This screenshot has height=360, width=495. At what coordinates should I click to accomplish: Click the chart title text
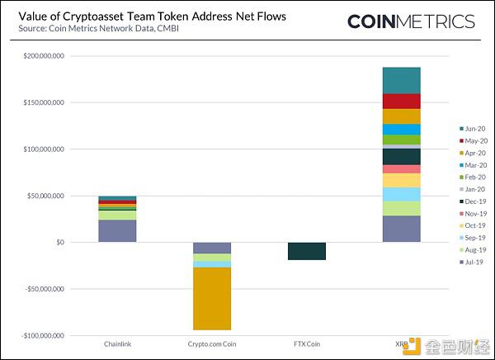pyautogui.click(x=152, y=17)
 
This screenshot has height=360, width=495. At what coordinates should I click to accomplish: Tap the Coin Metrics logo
pyautogui.click(x=411, y=21)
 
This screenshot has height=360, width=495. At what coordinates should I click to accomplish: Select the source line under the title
pyautogui.click(x=98, y=28)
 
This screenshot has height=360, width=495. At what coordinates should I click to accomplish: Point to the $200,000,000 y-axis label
pyautogui.click(x=44, y=56)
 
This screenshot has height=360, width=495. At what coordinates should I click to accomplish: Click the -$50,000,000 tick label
pyautogui.click(x=42, y=289)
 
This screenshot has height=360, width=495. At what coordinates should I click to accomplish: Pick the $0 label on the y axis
pyautogui.click(x=60, y=243)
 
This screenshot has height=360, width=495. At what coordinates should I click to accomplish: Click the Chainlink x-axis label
pyautogui.click(x=117, y=343)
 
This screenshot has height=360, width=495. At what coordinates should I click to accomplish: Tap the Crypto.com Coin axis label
pyautogui.click(x=212, y=343)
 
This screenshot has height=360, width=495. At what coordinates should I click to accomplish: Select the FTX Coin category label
pyautogui.click(x=307, y=343)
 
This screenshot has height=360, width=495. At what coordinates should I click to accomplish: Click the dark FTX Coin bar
pyautogui.click(x=307, y=251)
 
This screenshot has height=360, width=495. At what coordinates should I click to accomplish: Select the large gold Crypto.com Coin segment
pyautogui.click(x=212, y=299)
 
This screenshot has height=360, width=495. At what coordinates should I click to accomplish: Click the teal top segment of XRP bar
pyautogui.click(x=402, y=81)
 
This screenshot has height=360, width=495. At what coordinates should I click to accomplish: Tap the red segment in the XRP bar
pyautogui.click(x=402, y=102)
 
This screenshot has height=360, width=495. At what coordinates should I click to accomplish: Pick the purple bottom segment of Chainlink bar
pyautogui.click(x=117, y=231)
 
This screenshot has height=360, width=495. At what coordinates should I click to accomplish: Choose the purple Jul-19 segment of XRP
pyautogui.click(x=402, y=229)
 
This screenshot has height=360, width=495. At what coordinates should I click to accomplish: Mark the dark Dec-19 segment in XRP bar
pyautogui.click(x=402, y=157)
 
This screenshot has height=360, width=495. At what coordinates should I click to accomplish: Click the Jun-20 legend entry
pyautogui.click(x=472, y=129)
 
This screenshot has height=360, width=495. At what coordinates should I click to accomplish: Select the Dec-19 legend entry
pyautogui.click(x=473, y=201)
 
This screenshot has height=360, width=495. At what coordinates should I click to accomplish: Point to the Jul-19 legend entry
pyautogui.click(x=471, y=262)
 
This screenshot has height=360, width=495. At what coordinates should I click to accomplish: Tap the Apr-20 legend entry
pyautogui.click(x=473, y=153)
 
